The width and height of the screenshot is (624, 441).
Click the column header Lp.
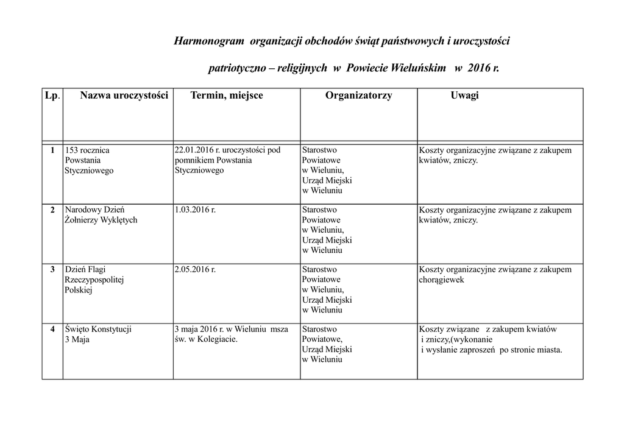coord(52,96)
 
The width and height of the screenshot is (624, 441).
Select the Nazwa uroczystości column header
coord(124,96)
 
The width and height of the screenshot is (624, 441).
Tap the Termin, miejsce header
coord(227,96)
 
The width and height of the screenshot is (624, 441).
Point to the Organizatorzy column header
coord(358,96)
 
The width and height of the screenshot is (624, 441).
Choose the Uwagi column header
coord(464,96)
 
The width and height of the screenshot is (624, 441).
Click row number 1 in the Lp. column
coord(52,150)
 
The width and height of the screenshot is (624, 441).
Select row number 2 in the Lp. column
coord(52,210)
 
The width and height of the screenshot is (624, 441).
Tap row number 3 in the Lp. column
coord(52,269)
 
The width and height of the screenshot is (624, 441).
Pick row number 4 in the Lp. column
coord(52,330)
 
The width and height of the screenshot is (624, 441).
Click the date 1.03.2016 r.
coord(195,210)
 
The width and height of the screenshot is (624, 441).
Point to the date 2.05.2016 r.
coord(195,269)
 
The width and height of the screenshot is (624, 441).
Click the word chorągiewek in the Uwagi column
coord(442,280)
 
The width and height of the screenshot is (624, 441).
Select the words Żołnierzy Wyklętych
coord(101,220)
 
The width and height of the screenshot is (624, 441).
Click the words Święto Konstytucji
coord(98,330)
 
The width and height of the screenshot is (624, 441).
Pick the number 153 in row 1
coord(71,150)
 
